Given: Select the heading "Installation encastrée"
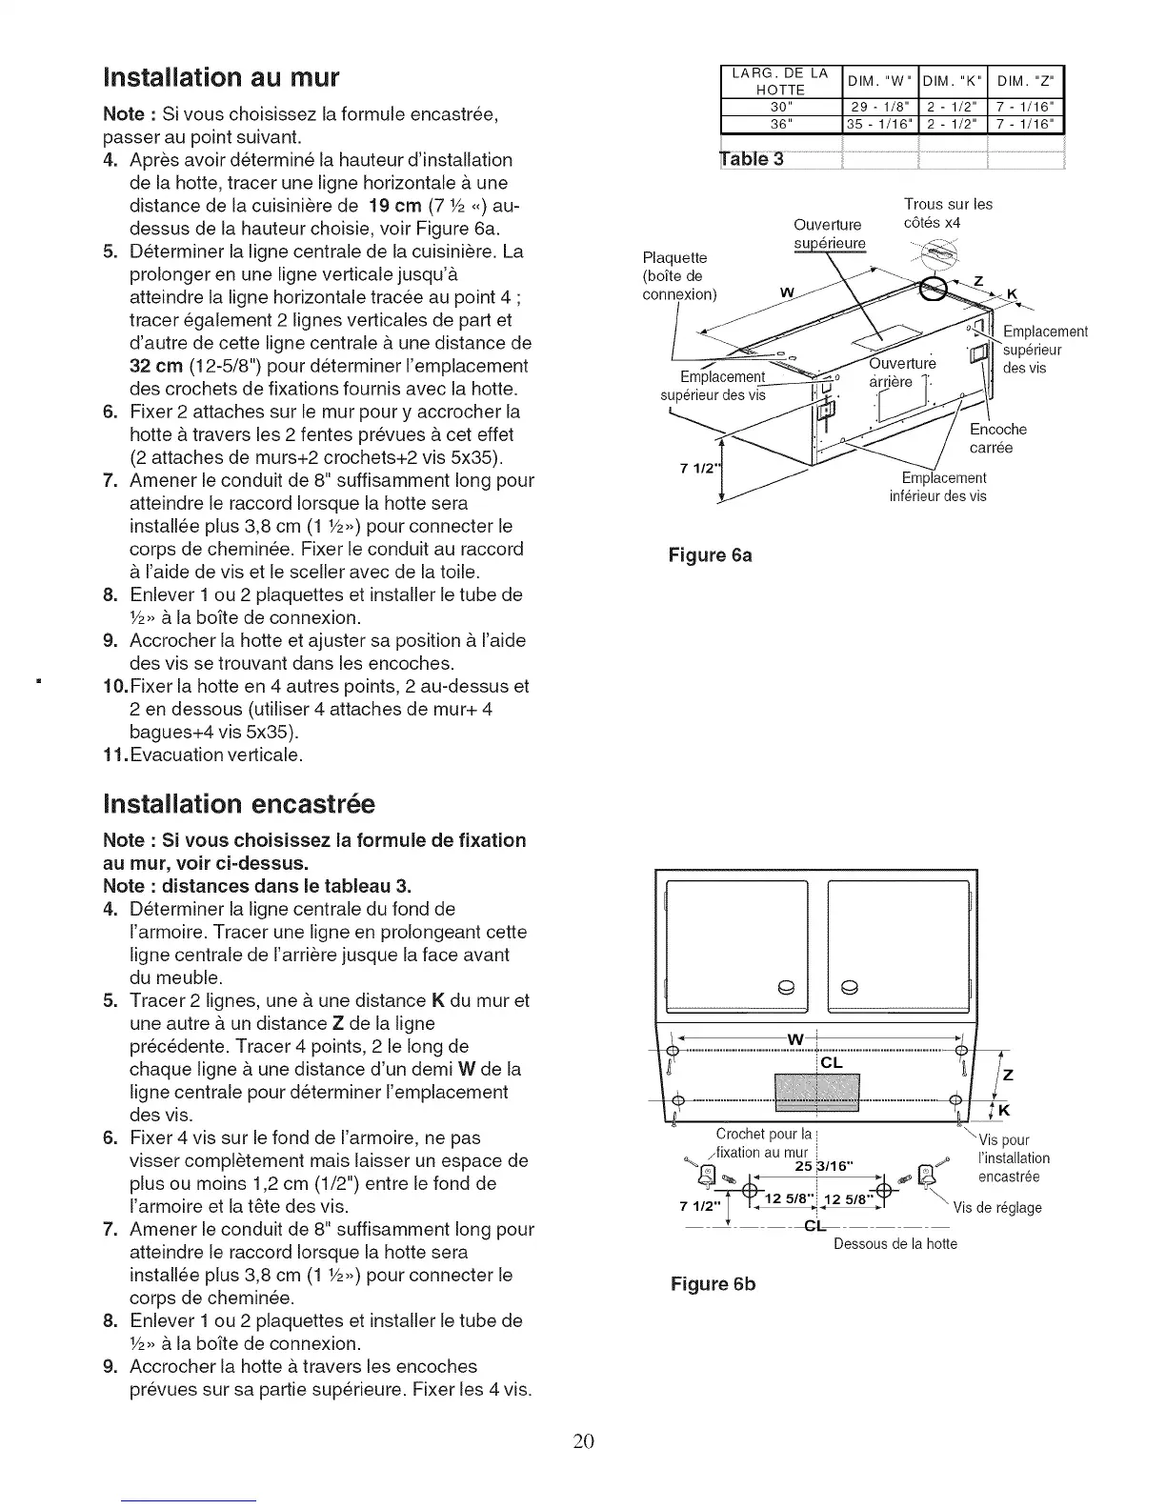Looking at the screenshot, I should [239, 805].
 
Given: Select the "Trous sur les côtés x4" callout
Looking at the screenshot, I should [947, 213].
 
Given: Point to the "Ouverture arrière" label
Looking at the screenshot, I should [901, 372].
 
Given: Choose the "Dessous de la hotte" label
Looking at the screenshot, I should [895, 1243].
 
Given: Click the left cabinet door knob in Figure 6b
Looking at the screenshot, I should [786, 987].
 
